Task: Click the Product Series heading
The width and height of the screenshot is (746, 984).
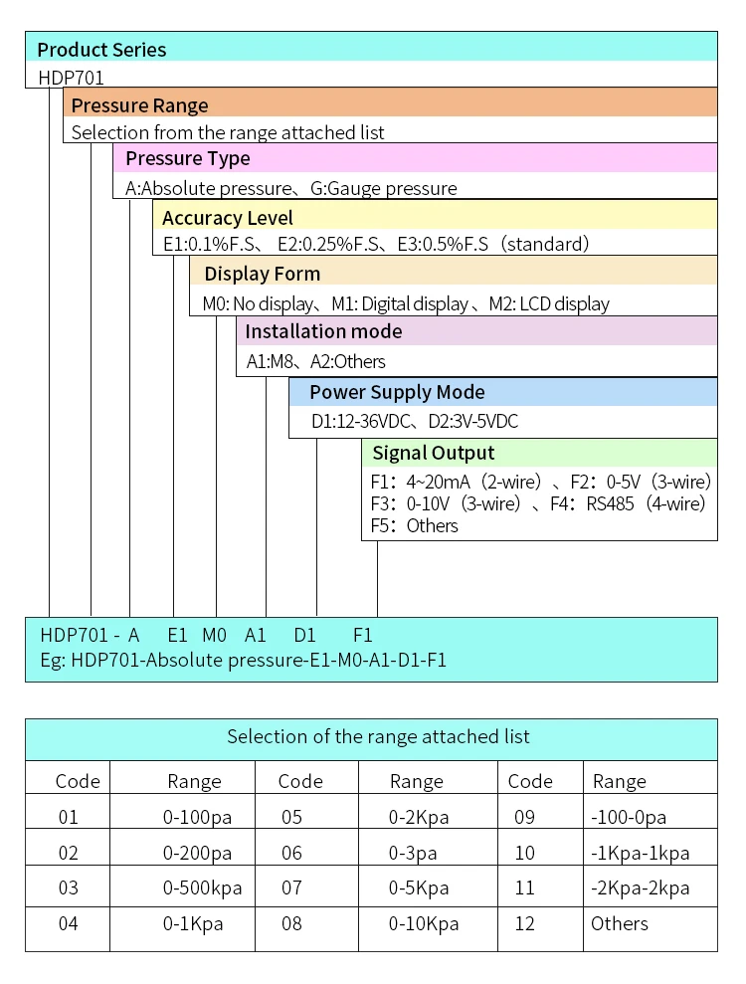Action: point(101,49)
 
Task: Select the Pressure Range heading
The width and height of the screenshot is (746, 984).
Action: point(140,105)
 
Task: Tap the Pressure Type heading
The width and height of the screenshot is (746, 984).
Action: point(188,158)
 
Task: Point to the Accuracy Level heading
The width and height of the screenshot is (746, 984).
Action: point(228,218)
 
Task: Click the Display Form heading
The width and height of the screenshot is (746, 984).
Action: point(262,274)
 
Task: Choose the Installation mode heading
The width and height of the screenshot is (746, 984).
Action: point(323,331)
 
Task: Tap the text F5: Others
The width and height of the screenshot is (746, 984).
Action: point(414,525)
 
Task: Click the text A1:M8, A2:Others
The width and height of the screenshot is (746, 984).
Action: point(315,361)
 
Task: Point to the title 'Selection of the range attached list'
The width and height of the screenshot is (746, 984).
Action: point(378,737)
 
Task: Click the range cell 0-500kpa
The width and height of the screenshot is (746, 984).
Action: point(202,887)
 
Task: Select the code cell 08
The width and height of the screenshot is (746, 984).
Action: point(291,923)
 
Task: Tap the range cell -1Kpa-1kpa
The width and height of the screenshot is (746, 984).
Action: point(640,853)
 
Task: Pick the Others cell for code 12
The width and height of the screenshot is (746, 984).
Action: point(619,923)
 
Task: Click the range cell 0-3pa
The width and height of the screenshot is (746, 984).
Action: point(417,853)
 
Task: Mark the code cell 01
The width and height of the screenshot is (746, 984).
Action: point(68,817)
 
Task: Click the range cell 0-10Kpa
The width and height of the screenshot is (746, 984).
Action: point(424,923)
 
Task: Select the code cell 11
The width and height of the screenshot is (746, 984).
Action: point(524,887)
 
